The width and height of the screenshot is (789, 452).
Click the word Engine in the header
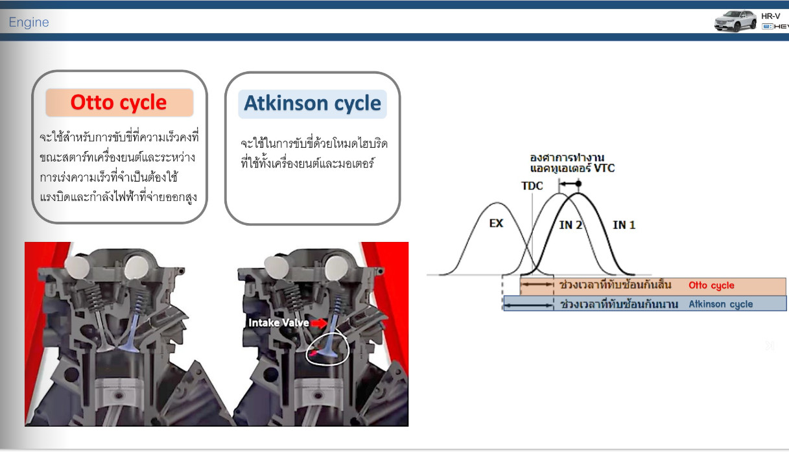[29, 22]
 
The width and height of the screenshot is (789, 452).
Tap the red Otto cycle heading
[119, 102]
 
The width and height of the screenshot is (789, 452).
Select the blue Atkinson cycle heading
[312, 103]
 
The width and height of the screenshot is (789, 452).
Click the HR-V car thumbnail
[735, 21]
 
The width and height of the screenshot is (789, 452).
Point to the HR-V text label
[771, 16]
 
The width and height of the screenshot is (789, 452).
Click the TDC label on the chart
[532, 185]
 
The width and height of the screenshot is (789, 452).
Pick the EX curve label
[497, 223]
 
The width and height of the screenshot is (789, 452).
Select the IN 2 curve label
[571, 225]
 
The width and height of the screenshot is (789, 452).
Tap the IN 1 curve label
[624, 225]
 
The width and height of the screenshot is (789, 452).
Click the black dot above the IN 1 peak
[578, 184]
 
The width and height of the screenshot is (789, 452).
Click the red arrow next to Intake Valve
[319, 323]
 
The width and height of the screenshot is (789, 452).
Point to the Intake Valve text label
[279, 323]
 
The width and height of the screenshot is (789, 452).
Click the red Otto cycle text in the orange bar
[711, 285]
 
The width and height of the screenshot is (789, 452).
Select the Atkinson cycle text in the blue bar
[721, 304]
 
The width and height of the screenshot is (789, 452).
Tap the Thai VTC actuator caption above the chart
[572, 163]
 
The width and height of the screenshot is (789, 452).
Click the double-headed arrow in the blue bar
[528, 305]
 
